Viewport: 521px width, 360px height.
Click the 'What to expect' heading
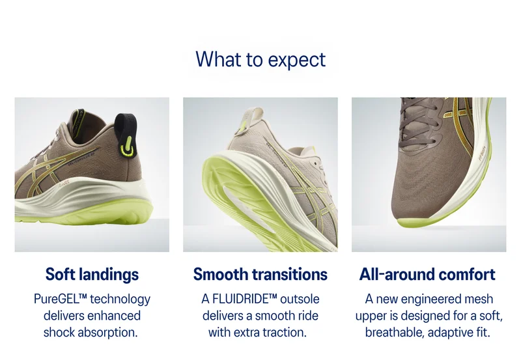(x=260, y=60)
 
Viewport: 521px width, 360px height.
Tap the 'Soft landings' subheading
(x=92, y=275)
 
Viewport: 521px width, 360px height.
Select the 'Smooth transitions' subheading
(x=260, y=274)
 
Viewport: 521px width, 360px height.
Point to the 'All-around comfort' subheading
(x=427, y=274)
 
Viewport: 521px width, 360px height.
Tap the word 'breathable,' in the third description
(x=395, y=332)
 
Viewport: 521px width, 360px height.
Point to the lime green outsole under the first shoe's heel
(x=109, y=212)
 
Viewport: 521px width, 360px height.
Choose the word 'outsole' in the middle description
(x=300, y=299)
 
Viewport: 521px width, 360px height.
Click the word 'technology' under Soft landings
(x=120, y=299)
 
